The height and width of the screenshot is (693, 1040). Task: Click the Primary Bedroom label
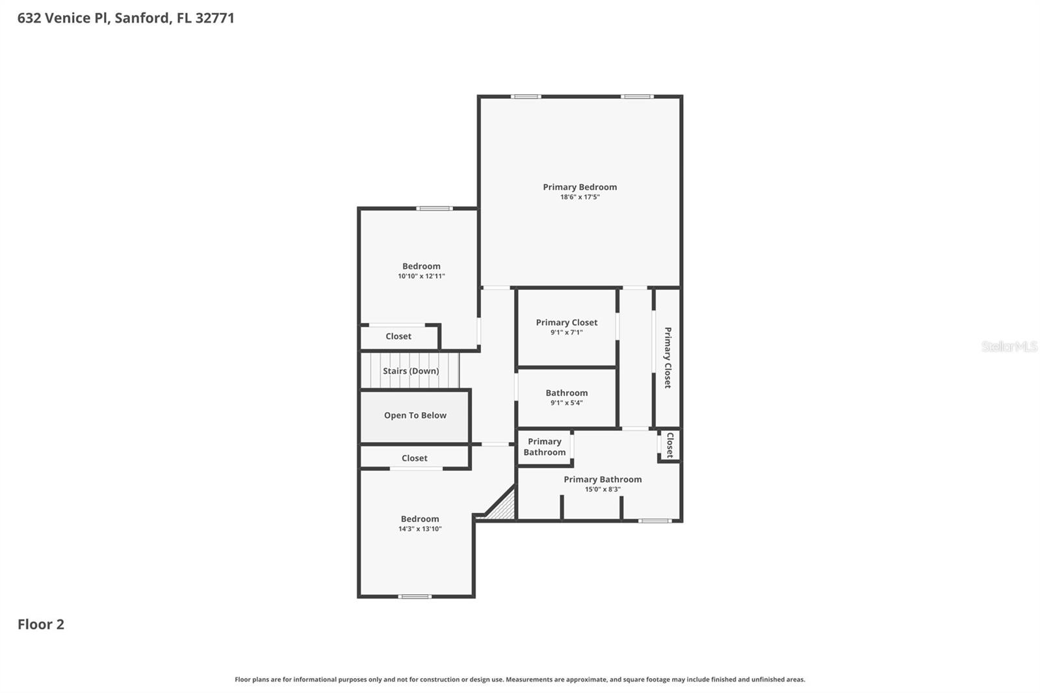pos(580,187)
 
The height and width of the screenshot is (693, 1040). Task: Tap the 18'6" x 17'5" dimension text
pos(580,197)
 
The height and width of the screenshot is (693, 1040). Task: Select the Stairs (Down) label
pos(410,371)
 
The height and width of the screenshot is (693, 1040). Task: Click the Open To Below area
pos(415,416)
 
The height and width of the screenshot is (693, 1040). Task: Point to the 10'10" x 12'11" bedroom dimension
pos(421,276)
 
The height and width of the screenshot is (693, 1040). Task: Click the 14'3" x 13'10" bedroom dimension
pos(420,529)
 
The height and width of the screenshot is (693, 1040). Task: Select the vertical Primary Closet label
pos(668,358)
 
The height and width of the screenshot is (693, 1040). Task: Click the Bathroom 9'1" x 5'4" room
pos(566,397)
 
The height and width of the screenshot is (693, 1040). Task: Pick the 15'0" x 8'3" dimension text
pos(603,490)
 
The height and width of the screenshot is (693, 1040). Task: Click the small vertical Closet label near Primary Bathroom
pos(670,445)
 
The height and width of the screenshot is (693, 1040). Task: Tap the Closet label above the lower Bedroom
pos(414,458)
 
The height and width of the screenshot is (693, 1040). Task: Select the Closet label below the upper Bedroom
pos(398,337)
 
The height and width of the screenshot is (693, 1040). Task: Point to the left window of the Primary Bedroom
pos(525,97)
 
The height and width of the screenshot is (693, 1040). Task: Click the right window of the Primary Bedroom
pos(636,97)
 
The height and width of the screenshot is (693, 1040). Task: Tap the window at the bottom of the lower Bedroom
pos(414,596)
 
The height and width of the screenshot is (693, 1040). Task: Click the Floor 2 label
pos(41,625)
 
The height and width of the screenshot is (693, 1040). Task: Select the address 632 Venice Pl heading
pos(125,18)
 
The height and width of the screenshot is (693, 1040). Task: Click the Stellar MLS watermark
pos(1009,346)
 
